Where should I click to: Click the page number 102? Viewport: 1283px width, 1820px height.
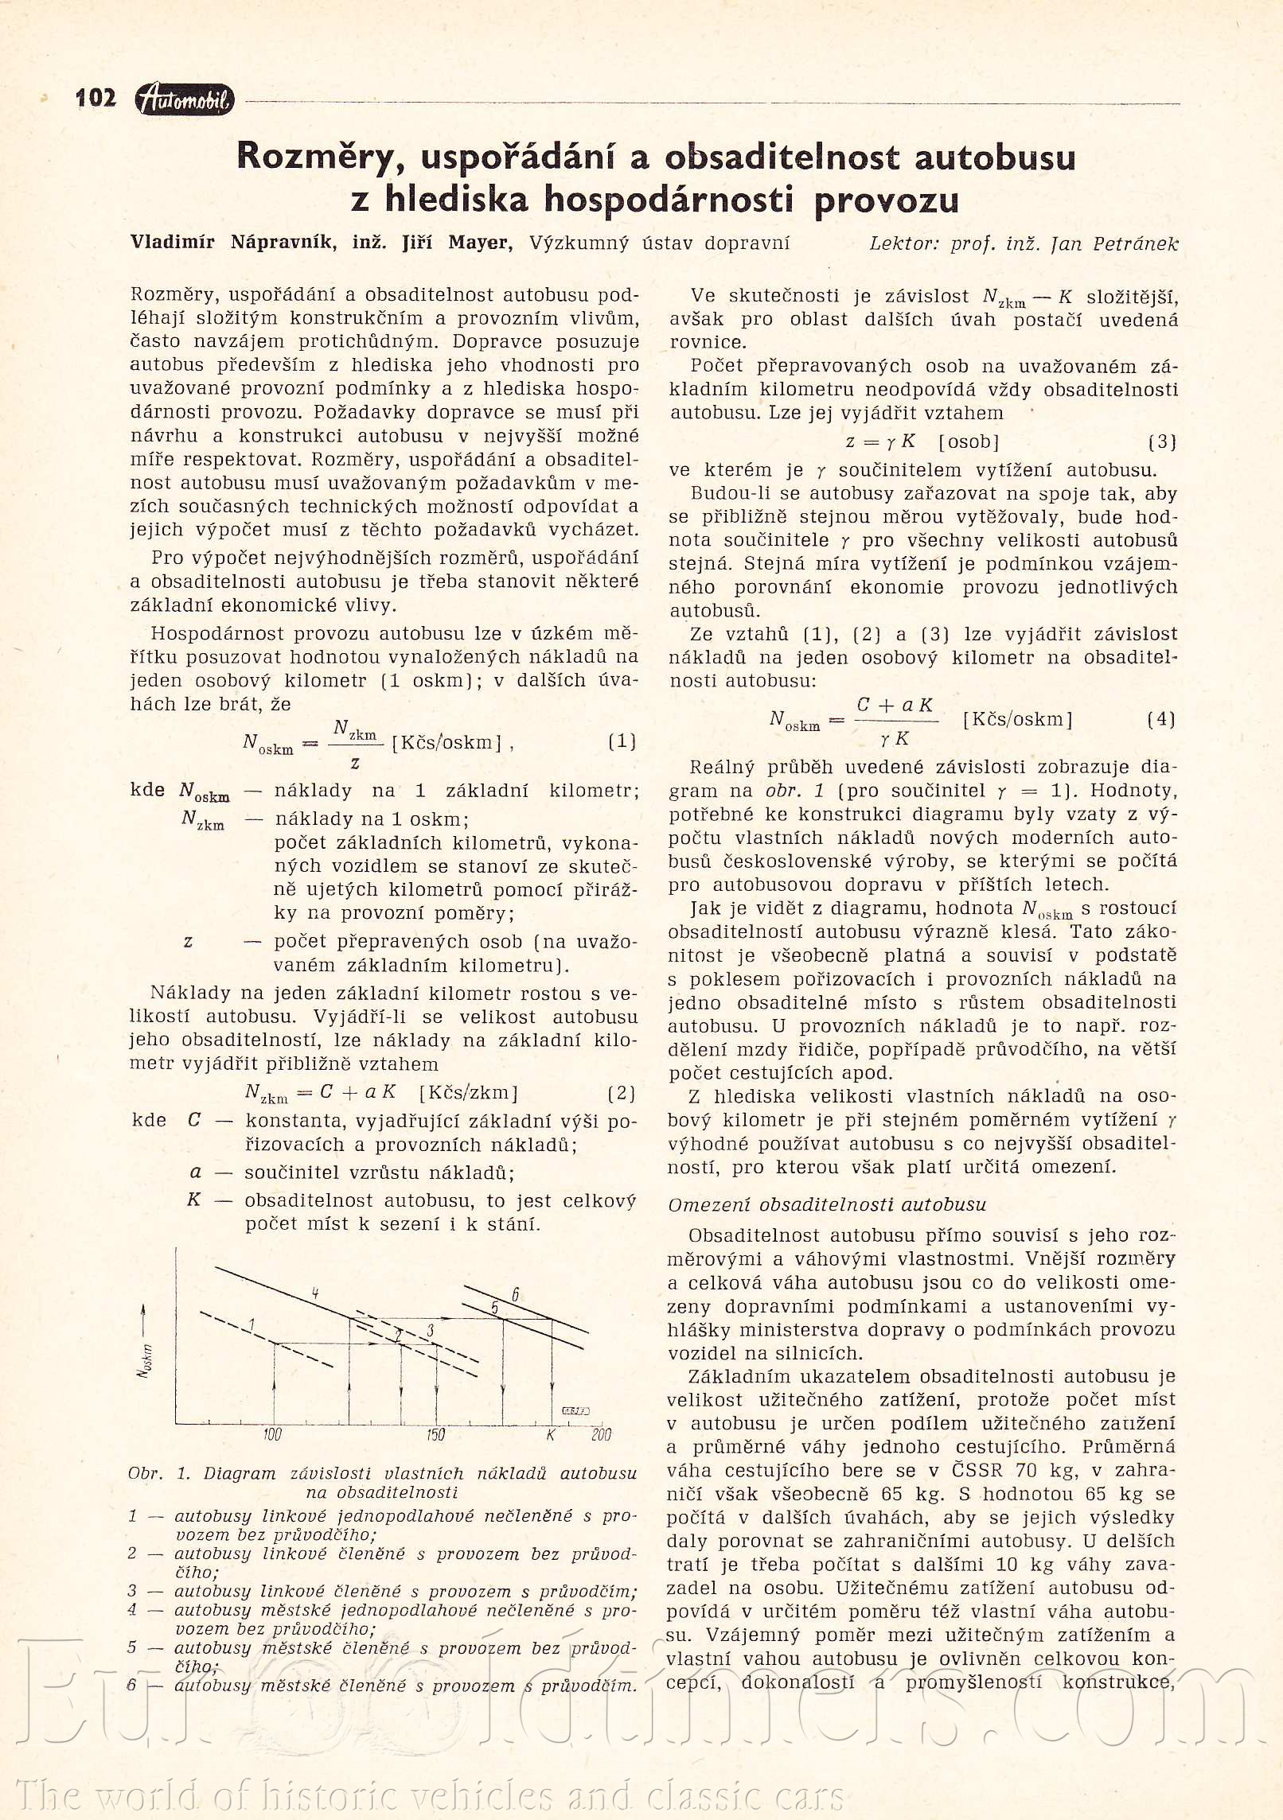pyautogui.click(x=96, y=98)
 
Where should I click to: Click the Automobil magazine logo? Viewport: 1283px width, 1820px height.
pyautogui.click(x=185, y=99)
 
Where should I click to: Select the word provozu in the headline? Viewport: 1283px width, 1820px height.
pyautogui.click(x=886, y=199)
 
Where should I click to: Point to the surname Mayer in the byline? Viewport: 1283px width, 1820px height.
pyautogui.click(x=478, y=243)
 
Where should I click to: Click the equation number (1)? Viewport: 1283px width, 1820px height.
pyautogui.click(x=622, y=741)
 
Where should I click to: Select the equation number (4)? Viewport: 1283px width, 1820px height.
pyautogui.click(x=1161, y=718)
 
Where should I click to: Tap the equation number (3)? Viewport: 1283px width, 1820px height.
pyautogui.click(x=1162, y=441)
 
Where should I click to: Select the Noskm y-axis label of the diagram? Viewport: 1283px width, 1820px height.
pyautogui.click(x=145, y=1359)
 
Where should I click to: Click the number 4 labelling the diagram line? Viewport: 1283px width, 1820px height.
pyautogui.click(x=315, y=1293)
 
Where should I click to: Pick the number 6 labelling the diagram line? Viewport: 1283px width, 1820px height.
pyautogui.click(x=516, y=1295)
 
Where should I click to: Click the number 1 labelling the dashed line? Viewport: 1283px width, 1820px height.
pyautogui.click(x=252, y=1324)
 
